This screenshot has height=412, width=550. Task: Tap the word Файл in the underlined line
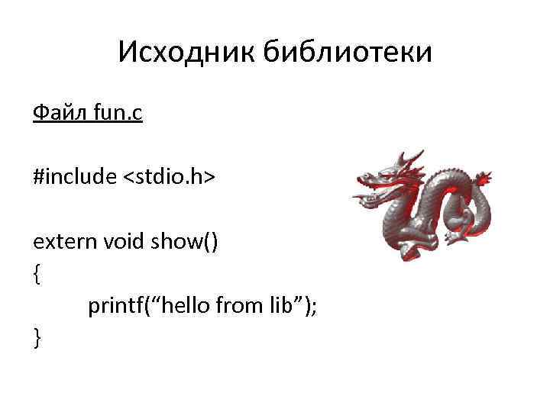coord(60,114)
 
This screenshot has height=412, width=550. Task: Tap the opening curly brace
coord(36,275)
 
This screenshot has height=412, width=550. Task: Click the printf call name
coord(114,307)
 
